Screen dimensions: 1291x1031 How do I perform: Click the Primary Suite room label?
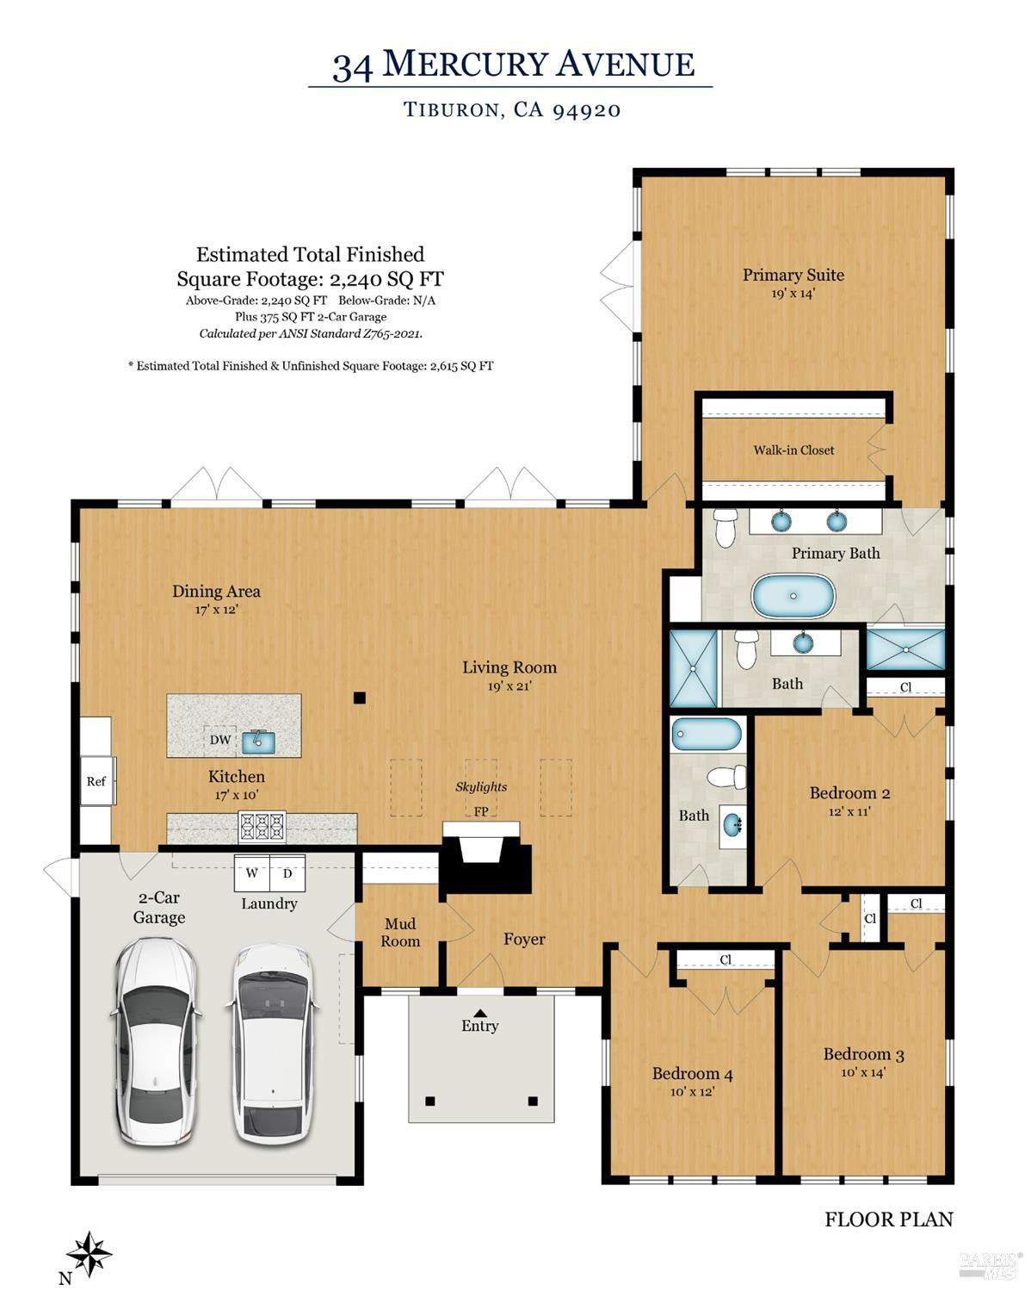coord(793,275)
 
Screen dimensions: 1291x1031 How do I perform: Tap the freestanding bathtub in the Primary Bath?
coord(793,596)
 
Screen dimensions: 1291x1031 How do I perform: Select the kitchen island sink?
coord(257,740)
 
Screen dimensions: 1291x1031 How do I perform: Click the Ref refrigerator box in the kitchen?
coord(96,781)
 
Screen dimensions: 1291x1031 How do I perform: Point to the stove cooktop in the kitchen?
coord(262,827)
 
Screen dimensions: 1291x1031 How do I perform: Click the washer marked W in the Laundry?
coord(252,873)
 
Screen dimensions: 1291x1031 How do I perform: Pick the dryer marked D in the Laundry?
coord(288,873)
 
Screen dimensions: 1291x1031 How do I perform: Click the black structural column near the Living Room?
coord(360,698)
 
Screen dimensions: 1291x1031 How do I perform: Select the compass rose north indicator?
coord(90,1254)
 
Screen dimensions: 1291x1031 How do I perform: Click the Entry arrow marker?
coord(479,1013)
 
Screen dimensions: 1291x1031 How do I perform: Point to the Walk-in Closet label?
coord(793,450)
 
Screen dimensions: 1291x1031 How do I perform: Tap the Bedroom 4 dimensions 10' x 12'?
coord(692,1091)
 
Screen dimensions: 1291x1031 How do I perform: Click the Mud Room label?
coord(400,933)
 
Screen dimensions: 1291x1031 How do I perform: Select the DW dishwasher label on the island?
coord(220,740)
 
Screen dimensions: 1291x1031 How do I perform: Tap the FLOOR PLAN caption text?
coord(888,1220)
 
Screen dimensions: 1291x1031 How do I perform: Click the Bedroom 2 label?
coord(849,793)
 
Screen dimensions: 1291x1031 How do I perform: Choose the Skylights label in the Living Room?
coord(481,786)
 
